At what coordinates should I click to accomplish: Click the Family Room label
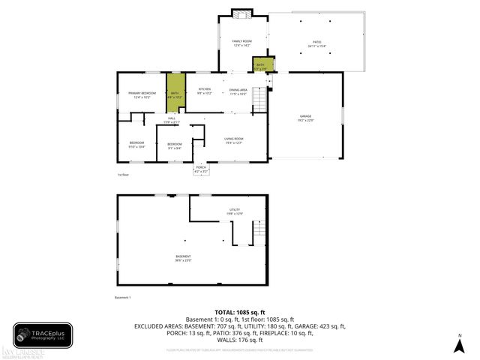241,43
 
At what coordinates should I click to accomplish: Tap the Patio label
316,44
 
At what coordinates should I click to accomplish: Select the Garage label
305,118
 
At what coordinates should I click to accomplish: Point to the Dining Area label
238,91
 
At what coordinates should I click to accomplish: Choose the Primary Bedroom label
141,95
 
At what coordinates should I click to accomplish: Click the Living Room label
234,139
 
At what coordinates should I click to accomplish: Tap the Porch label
201,169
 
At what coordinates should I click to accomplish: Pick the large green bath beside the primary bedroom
175,92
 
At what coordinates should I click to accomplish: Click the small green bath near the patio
260,65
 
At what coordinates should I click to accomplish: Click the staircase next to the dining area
260,100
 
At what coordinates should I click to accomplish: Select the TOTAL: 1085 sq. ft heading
240,312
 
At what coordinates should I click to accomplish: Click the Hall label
172,120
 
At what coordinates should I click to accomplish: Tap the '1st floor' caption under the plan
123,175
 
